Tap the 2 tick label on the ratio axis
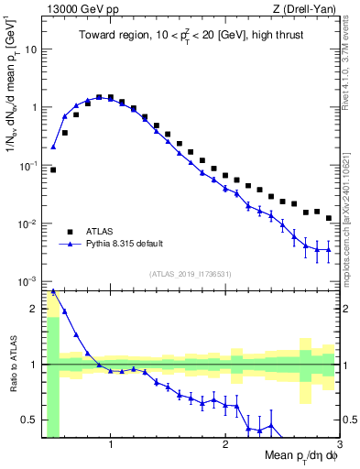[x=34, y=308]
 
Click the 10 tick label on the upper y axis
[x=30, y=49]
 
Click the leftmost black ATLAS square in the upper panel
[x=53, y=169]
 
